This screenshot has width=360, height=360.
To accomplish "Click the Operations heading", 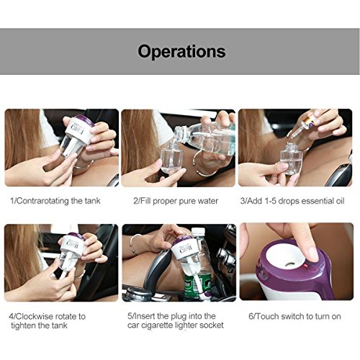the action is pyautogui.click(x=181, y=51).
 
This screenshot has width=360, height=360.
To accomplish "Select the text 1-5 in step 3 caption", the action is pyautogui.click(x=270, y=201).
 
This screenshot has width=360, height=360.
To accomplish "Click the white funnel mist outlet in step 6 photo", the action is pyautogui.click(x=287, y=258).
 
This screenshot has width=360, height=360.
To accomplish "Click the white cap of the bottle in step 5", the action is pyautogui.click(x=198, y=232).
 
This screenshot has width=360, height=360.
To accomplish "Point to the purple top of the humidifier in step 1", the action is pyautogui.click(x=84, y=121).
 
